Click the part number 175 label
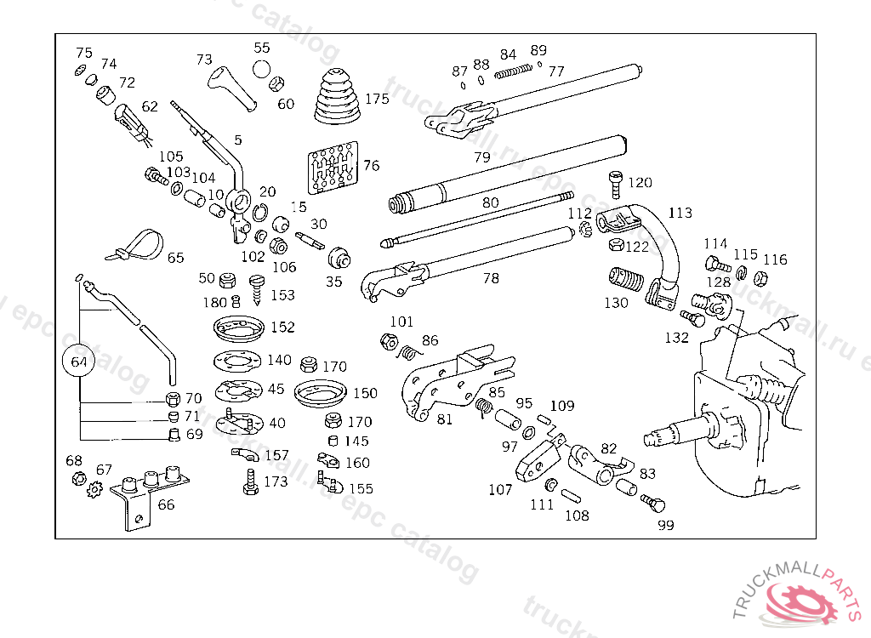click(377, 99)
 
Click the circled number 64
click(79, 362)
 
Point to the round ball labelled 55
click(261, 69)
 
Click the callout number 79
click(482, 157)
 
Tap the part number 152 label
click(282, 327)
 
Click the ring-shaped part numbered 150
click(318, 394)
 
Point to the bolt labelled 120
click(617, 184)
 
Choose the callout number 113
click(680, 213)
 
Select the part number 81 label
click(444, 418)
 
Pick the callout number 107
click(500, 489)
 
